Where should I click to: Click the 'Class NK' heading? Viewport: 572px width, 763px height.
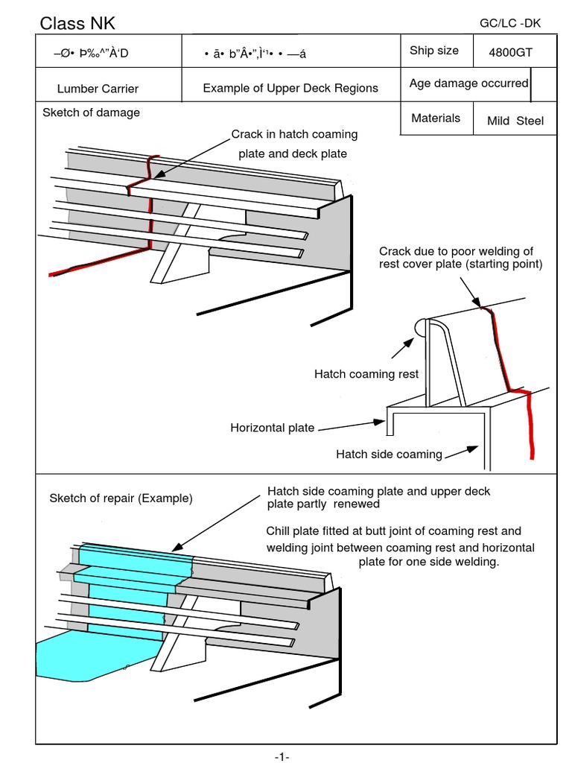[77, 24]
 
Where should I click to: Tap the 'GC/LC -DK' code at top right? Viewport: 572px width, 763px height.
[510, 23]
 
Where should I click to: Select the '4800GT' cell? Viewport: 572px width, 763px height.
[510, 53]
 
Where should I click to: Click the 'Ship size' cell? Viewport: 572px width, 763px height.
[434, 51]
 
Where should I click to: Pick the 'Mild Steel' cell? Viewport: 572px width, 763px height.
[515, 121]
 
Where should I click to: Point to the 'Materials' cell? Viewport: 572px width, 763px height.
[436, 118]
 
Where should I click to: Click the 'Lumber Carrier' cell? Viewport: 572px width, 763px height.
[98, 89]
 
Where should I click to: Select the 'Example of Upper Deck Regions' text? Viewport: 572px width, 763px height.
[290, 88]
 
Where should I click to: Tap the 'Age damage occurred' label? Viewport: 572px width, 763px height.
[468, 83]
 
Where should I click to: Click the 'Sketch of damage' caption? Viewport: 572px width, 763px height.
[91, 113]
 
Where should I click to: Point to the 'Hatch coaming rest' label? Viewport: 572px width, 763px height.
[366, 374]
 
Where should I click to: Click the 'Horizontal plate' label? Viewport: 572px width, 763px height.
[272, 428]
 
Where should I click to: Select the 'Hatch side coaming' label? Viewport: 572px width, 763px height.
[389, 454]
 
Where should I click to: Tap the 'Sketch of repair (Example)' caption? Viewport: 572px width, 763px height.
[121, 498]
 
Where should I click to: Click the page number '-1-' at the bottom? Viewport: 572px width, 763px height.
[282, 756]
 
